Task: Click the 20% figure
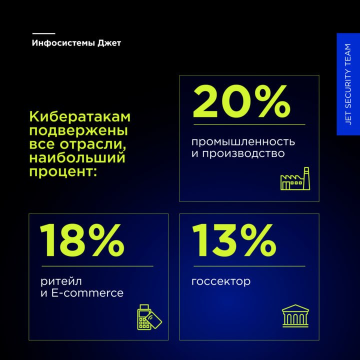click(242, 101)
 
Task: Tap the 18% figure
click(82, 240)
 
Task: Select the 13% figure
click(234, 240)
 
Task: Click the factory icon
click(295, 178)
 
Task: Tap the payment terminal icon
click(149, 317)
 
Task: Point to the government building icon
click(295, 315)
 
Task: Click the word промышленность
click(243, 142)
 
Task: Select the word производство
click(243, 153)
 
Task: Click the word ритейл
click(61, 281)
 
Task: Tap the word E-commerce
click(87, 293)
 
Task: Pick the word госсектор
click(221, 281)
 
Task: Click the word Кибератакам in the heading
click(80, 116)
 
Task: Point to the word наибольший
click(77, 157)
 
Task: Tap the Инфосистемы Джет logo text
click(76, 43)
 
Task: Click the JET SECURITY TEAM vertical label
click(348, 84)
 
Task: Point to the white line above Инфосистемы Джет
click(44, 33)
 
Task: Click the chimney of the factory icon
click(306, 178)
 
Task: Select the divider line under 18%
click(97, 266)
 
